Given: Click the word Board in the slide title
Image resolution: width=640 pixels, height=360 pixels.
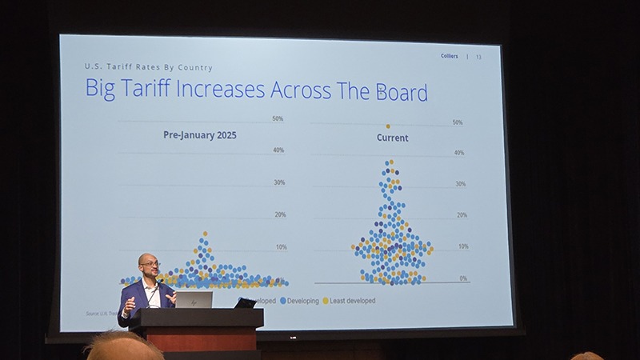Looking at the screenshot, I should tap(398, 92).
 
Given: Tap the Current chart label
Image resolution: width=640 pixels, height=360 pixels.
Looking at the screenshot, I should tap(392, 138).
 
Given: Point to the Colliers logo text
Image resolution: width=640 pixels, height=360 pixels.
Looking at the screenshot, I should tap(450, 56).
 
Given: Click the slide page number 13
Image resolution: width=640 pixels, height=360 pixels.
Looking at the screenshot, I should tap(478, 57).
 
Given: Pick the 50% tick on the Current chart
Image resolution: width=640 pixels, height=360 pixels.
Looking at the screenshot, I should tap(458, 122).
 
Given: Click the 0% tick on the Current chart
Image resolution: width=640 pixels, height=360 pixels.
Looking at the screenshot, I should tap(463, 278).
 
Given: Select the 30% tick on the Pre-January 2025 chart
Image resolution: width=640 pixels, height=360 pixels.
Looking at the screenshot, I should tap(279, 182).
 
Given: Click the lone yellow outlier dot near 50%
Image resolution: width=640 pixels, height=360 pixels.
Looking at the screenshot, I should tap(388, 126).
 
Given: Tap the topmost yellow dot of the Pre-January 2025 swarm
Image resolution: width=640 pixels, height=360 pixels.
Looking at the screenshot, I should tap(205, 234).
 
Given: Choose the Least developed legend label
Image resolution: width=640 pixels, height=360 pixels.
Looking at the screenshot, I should tap(352, 301).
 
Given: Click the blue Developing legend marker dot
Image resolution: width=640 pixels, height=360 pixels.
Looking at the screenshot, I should tap(282, 301).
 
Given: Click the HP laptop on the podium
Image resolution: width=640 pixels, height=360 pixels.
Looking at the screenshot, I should tap(194, 300).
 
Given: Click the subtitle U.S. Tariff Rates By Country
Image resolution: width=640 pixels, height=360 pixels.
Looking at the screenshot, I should tap(148, 68).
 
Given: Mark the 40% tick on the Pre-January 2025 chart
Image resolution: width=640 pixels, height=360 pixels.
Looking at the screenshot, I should tap(279, 150).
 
